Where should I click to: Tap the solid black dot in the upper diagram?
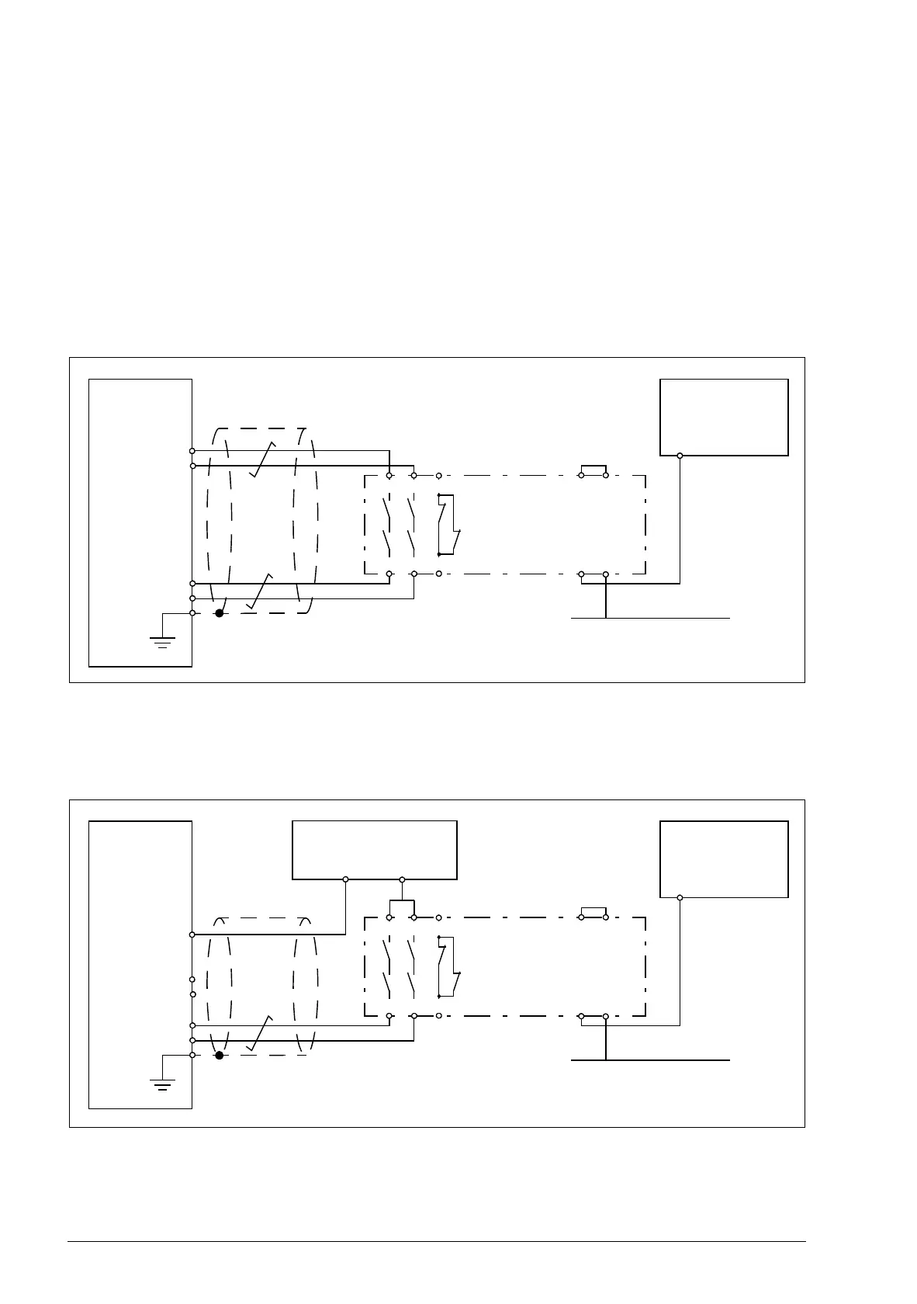pos(220,613)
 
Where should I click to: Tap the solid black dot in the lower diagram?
pos(220,1056)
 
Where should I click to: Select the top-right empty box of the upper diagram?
pos(724,417)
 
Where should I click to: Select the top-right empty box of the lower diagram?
pos(724,858)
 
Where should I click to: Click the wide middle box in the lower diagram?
pos(374,850)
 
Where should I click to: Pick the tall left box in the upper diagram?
pos(140,522)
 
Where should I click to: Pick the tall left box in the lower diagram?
pos(140,965)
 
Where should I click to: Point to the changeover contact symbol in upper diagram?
pos(448,525)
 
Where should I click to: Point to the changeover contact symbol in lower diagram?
pos(448,966)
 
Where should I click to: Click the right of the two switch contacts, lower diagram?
pos(412,966)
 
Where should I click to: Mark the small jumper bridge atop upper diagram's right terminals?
pos(593,467)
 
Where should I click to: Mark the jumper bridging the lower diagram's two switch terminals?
pos(401,902)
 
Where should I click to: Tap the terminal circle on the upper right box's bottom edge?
pos(680,456)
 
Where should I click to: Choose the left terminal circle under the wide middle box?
pos(345,879)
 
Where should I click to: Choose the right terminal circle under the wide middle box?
pos(402,879)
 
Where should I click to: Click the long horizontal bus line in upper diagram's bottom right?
pos(650,619)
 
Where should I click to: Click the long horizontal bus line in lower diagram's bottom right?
pos(650,1059)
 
